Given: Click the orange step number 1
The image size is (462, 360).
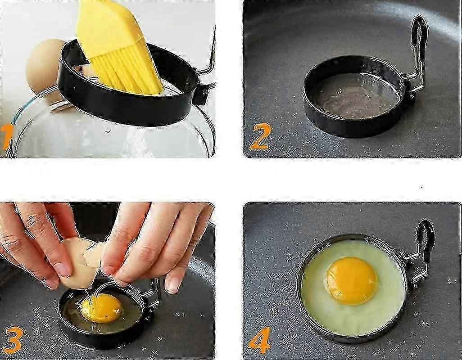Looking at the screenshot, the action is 6,136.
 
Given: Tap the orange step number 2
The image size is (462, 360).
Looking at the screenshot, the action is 259,136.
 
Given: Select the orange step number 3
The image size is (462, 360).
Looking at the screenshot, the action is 12,339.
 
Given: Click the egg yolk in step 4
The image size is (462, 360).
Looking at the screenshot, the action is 352,280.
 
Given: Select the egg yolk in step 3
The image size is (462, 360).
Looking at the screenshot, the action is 102,308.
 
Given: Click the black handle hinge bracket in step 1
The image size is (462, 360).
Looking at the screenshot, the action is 201,94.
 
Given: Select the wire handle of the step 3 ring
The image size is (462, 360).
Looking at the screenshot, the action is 153,294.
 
